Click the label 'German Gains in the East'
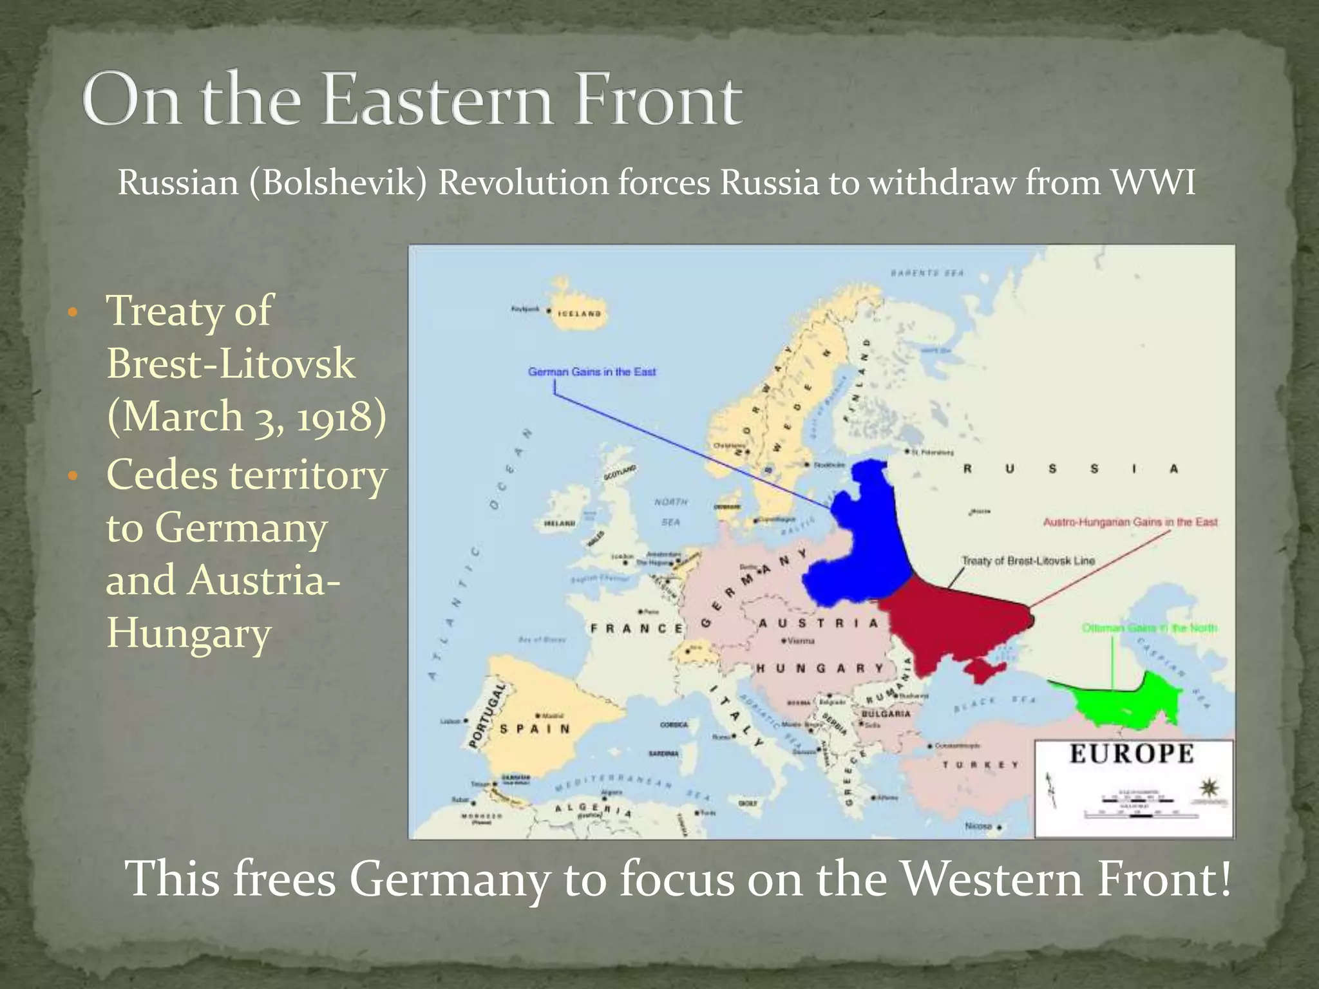(x=592, y=372)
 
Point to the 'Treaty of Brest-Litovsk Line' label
(x=1028, y=561)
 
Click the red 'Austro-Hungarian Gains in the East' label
(x=1130, y=522)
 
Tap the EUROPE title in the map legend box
(x=1132, y=754)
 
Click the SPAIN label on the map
(x=535, y=729)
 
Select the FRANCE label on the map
(x=637, y=628)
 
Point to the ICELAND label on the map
(x=580, y=314)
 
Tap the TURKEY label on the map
(x=981, y=765)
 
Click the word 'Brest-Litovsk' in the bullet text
(x=231, y=364)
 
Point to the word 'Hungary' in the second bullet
(x=188, y=634)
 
